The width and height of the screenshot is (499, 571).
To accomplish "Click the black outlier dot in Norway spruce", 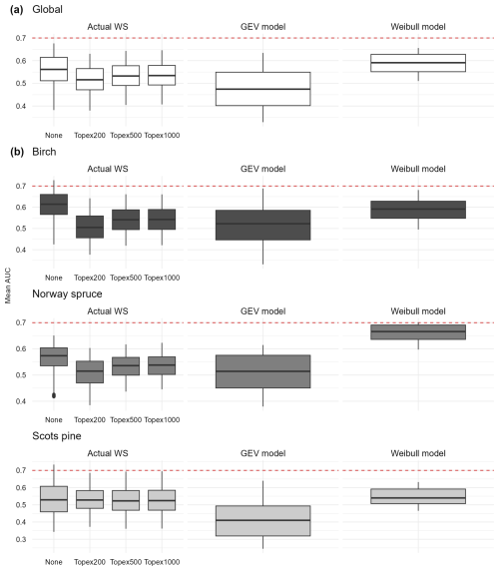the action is pos(54,395).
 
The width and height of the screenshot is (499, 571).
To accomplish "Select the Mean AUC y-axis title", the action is pos(8,285).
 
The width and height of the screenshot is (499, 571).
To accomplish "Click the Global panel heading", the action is pos(47,9).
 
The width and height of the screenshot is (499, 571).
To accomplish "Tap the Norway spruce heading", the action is pos(67,293).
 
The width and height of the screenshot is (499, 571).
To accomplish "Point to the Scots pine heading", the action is pos(57,436).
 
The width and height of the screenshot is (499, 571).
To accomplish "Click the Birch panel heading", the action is pos(44,152).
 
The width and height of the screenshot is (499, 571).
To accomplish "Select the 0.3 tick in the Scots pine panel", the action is pos(21,539).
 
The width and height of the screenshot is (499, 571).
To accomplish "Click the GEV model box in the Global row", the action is pos(262,89).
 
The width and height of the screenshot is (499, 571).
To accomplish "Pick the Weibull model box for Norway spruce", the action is pos(418,332).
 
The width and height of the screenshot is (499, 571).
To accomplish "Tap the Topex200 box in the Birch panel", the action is pos(90,227).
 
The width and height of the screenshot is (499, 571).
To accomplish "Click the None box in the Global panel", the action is pos(54,69).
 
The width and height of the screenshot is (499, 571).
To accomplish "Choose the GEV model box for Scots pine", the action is pos(262,521).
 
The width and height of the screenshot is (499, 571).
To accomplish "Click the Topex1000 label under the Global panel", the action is pos(162,136).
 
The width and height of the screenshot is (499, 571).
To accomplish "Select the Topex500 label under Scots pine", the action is pos(126,562).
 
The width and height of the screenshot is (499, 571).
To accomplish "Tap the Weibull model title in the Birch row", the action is pos(418,169).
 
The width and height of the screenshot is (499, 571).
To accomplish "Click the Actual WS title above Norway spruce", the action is pos(108,311).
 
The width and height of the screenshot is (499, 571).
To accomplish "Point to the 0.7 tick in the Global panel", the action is pos(21,38).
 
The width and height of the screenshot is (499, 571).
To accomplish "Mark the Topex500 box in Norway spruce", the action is pos(126,366).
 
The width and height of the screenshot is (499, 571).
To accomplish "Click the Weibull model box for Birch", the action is pos(418,210).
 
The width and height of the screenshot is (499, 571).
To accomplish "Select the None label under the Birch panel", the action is pos(54,278).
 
